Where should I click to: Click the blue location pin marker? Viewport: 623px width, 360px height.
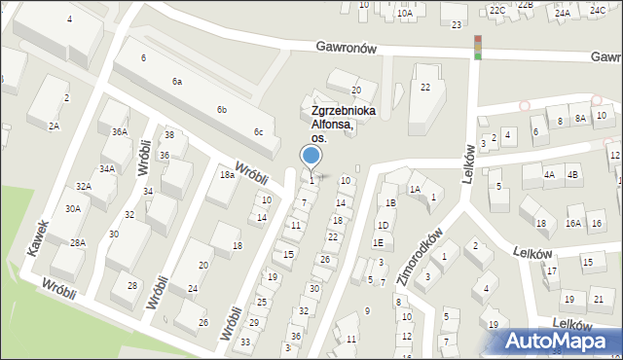(x=311, y=156)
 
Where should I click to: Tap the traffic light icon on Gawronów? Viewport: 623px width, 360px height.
(x=477, y=47)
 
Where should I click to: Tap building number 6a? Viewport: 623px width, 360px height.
(x=177, y=82)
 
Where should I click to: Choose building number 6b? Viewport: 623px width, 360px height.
(x=222, y=109)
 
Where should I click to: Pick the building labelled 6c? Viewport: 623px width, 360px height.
(x=258, y=132)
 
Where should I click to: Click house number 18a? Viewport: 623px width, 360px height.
(x=227, y=175)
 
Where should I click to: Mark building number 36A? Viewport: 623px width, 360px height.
(x=120, y=132)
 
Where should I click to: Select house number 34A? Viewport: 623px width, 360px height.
(x=107, y=168)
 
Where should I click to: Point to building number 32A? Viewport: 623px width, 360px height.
(x=84, y=186)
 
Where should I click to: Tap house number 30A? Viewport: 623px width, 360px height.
(x=73, y=208)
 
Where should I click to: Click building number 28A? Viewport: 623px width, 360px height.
(x=77, y=242)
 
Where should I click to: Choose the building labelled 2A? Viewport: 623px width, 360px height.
(x=55, y=126)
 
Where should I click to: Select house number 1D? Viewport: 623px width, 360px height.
(x=383, y=225)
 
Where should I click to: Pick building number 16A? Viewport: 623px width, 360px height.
(x=573, y=224)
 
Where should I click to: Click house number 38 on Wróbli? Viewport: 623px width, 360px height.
(x=168, y=135)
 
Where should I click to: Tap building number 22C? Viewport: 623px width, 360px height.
(x=497, y=10)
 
